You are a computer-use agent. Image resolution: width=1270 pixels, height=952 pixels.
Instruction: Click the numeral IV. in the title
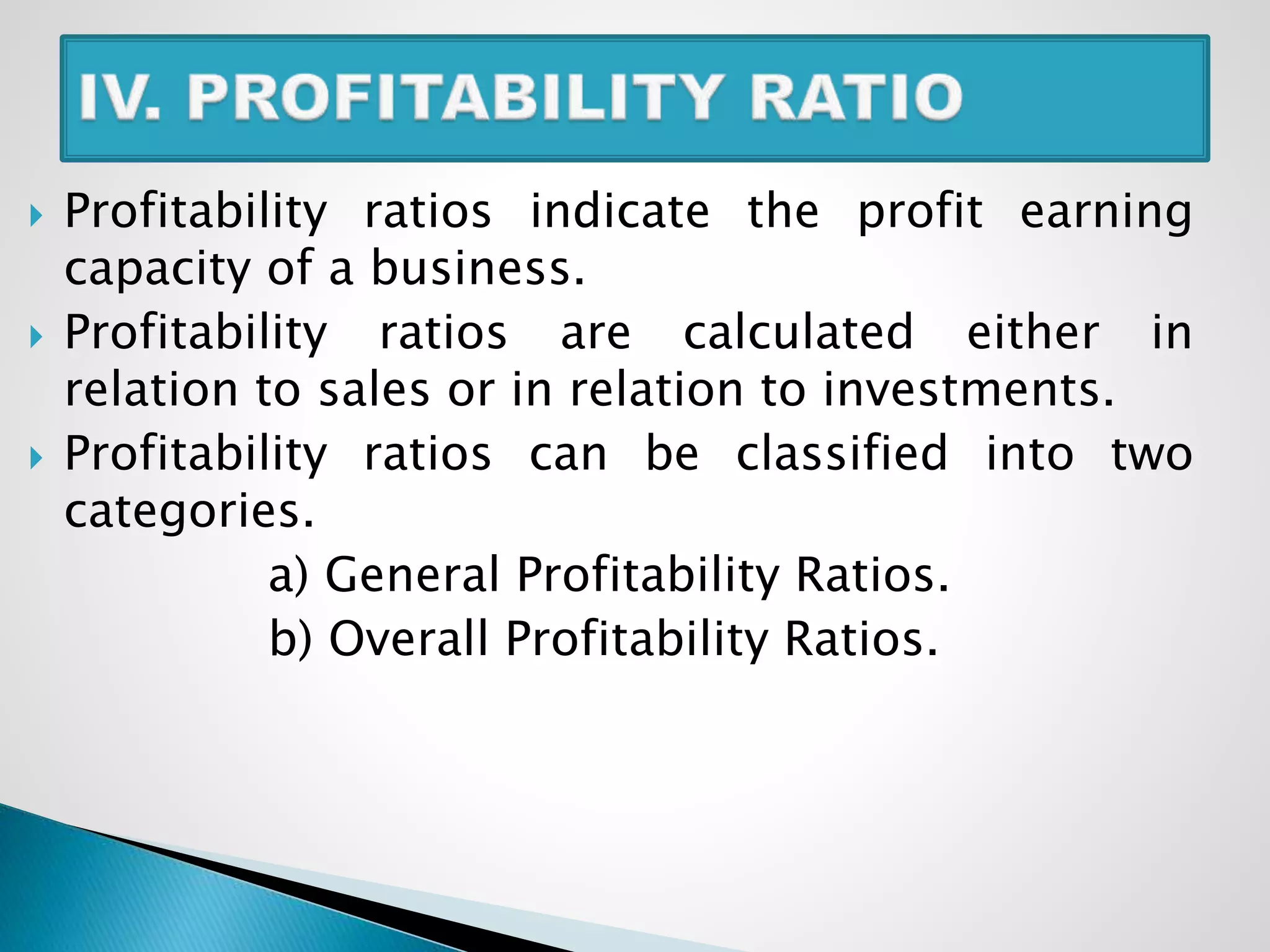click(120, 97)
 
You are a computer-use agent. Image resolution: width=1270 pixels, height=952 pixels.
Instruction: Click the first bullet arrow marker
click(36, 216)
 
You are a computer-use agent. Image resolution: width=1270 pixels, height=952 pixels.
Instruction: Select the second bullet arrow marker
click(36, 338)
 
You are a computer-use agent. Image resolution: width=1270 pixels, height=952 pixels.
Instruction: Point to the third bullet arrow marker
click(36, 459)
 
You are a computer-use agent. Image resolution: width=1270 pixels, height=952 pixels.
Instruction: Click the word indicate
click(619, 211)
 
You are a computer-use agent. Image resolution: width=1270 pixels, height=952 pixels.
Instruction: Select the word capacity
click(157, 270)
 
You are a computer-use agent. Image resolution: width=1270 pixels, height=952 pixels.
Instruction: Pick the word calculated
click(798, 332)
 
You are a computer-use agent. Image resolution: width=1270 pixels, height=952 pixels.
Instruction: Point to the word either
click(1032, 332)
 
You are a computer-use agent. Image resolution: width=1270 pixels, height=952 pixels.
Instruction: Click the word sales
click(374, 390)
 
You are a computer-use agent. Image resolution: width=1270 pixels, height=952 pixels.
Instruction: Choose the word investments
click(968, 390)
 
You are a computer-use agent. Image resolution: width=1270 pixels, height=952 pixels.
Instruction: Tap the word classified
click(841, 453)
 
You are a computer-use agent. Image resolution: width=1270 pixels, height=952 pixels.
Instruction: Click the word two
click(1151, 454)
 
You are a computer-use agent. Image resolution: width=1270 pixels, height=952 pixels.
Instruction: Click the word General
click(412, 575)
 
